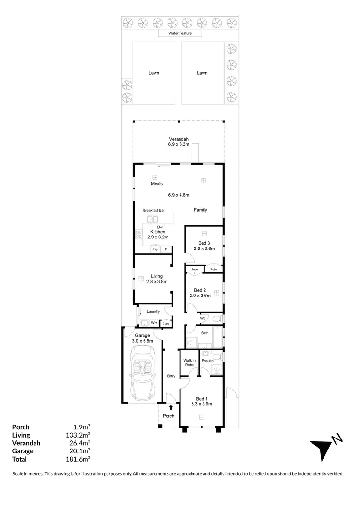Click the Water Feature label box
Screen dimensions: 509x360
click(x=180, y=34)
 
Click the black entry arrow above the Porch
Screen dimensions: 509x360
click(x=165, y=408)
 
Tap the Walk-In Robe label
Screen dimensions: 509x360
click(x=189, y=363)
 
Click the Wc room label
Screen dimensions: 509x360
click(x=203, y=318)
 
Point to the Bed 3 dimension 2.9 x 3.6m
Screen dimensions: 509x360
click(x=204, y=249)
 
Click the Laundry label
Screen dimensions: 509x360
click(x=153, y=312)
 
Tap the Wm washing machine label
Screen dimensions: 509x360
click(x=154, y=323)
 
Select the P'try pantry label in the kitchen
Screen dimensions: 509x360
click(x=155, y=250)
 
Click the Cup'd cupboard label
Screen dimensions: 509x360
click(x=167, y=324)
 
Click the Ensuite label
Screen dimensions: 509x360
click(x=207, y=361)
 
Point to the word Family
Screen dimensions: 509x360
click(x=201, y=210)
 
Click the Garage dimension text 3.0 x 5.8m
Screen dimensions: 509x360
click(x=143, y=342)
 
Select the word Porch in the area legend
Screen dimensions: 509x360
click(x=21, y=427)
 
